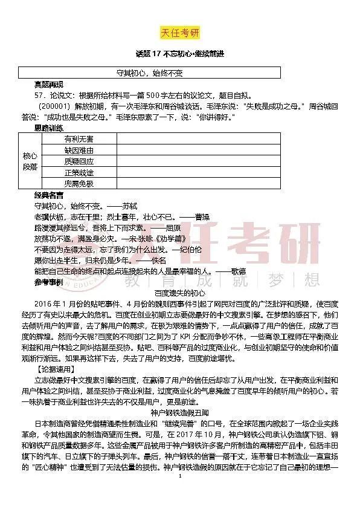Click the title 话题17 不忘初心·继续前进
click(180, 54)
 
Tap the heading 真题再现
click(49, 84)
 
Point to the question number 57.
click(40, 95)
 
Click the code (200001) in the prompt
click(54, 106)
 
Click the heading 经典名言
click(49, 195)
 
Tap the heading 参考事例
click(49, 282)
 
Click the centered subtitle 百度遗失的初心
click(180, 293)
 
